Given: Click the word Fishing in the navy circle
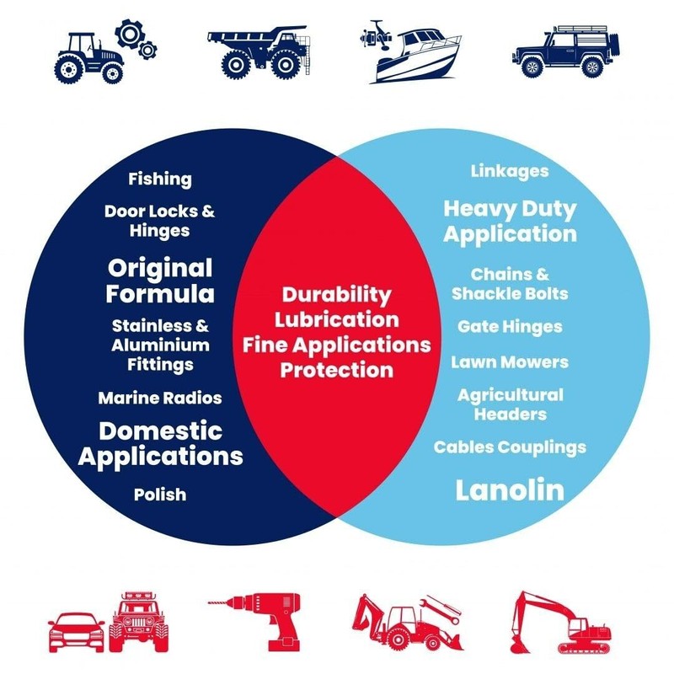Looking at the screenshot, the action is (x=160, y=179).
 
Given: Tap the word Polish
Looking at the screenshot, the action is (x=160, y=495).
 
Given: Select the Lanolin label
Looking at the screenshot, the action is (x=510, y=489).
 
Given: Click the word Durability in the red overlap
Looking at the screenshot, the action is (x=336, y=296).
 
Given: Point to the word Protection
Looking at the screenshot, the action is (x=336, y=370).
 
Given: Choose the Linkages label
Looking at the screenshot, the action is (x=510, y=172).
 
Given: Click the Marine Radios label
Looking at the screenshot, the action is (x=160, y=398).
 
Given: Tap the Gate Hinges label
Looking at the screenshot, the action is (x=510, y=327).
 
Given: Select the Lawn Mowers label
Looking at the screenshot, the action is (x=510, y=362).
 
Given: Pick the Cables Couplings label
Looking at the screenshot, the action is (x=510, y=447).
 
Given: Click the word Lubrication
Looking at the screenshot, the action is (x=336, y=320).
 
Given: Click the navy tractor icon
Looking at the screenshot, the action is (x=89, y=58).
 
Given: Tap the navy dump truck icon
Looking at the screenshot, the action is (x=259, y=52).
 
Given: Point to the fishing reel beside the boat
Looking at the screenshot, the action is (x=375, y=35).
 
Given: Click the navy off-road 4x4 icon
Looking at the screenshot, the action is (x=566, y=51).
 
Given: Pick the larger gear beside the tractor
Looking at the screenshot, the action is (x=129, y=33).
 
